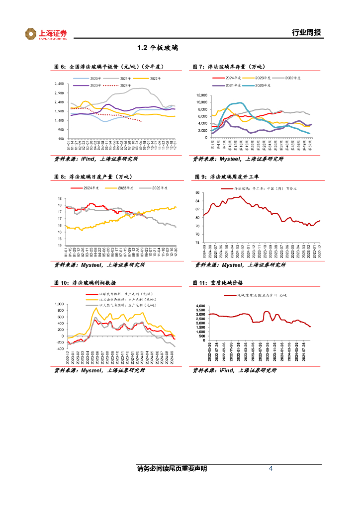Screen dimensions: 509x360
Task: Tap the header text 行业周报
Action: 306,33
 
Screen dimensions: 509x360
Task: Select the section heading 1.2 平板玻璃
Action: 158,48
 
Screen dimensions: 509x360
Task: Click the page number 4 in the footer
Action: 270,468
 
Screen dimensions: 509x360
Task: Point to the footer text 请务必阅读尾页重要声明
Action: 172,469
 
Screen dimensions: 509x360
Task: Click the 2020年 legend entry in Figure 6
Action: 94,79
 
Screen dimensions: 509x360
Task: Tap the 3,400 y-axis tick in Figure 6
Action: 59,84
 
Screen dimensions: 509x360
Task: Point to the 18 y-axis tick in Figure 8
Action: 59,199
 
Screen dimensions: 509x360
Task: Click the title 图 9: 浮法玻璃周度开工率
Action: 227,176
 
